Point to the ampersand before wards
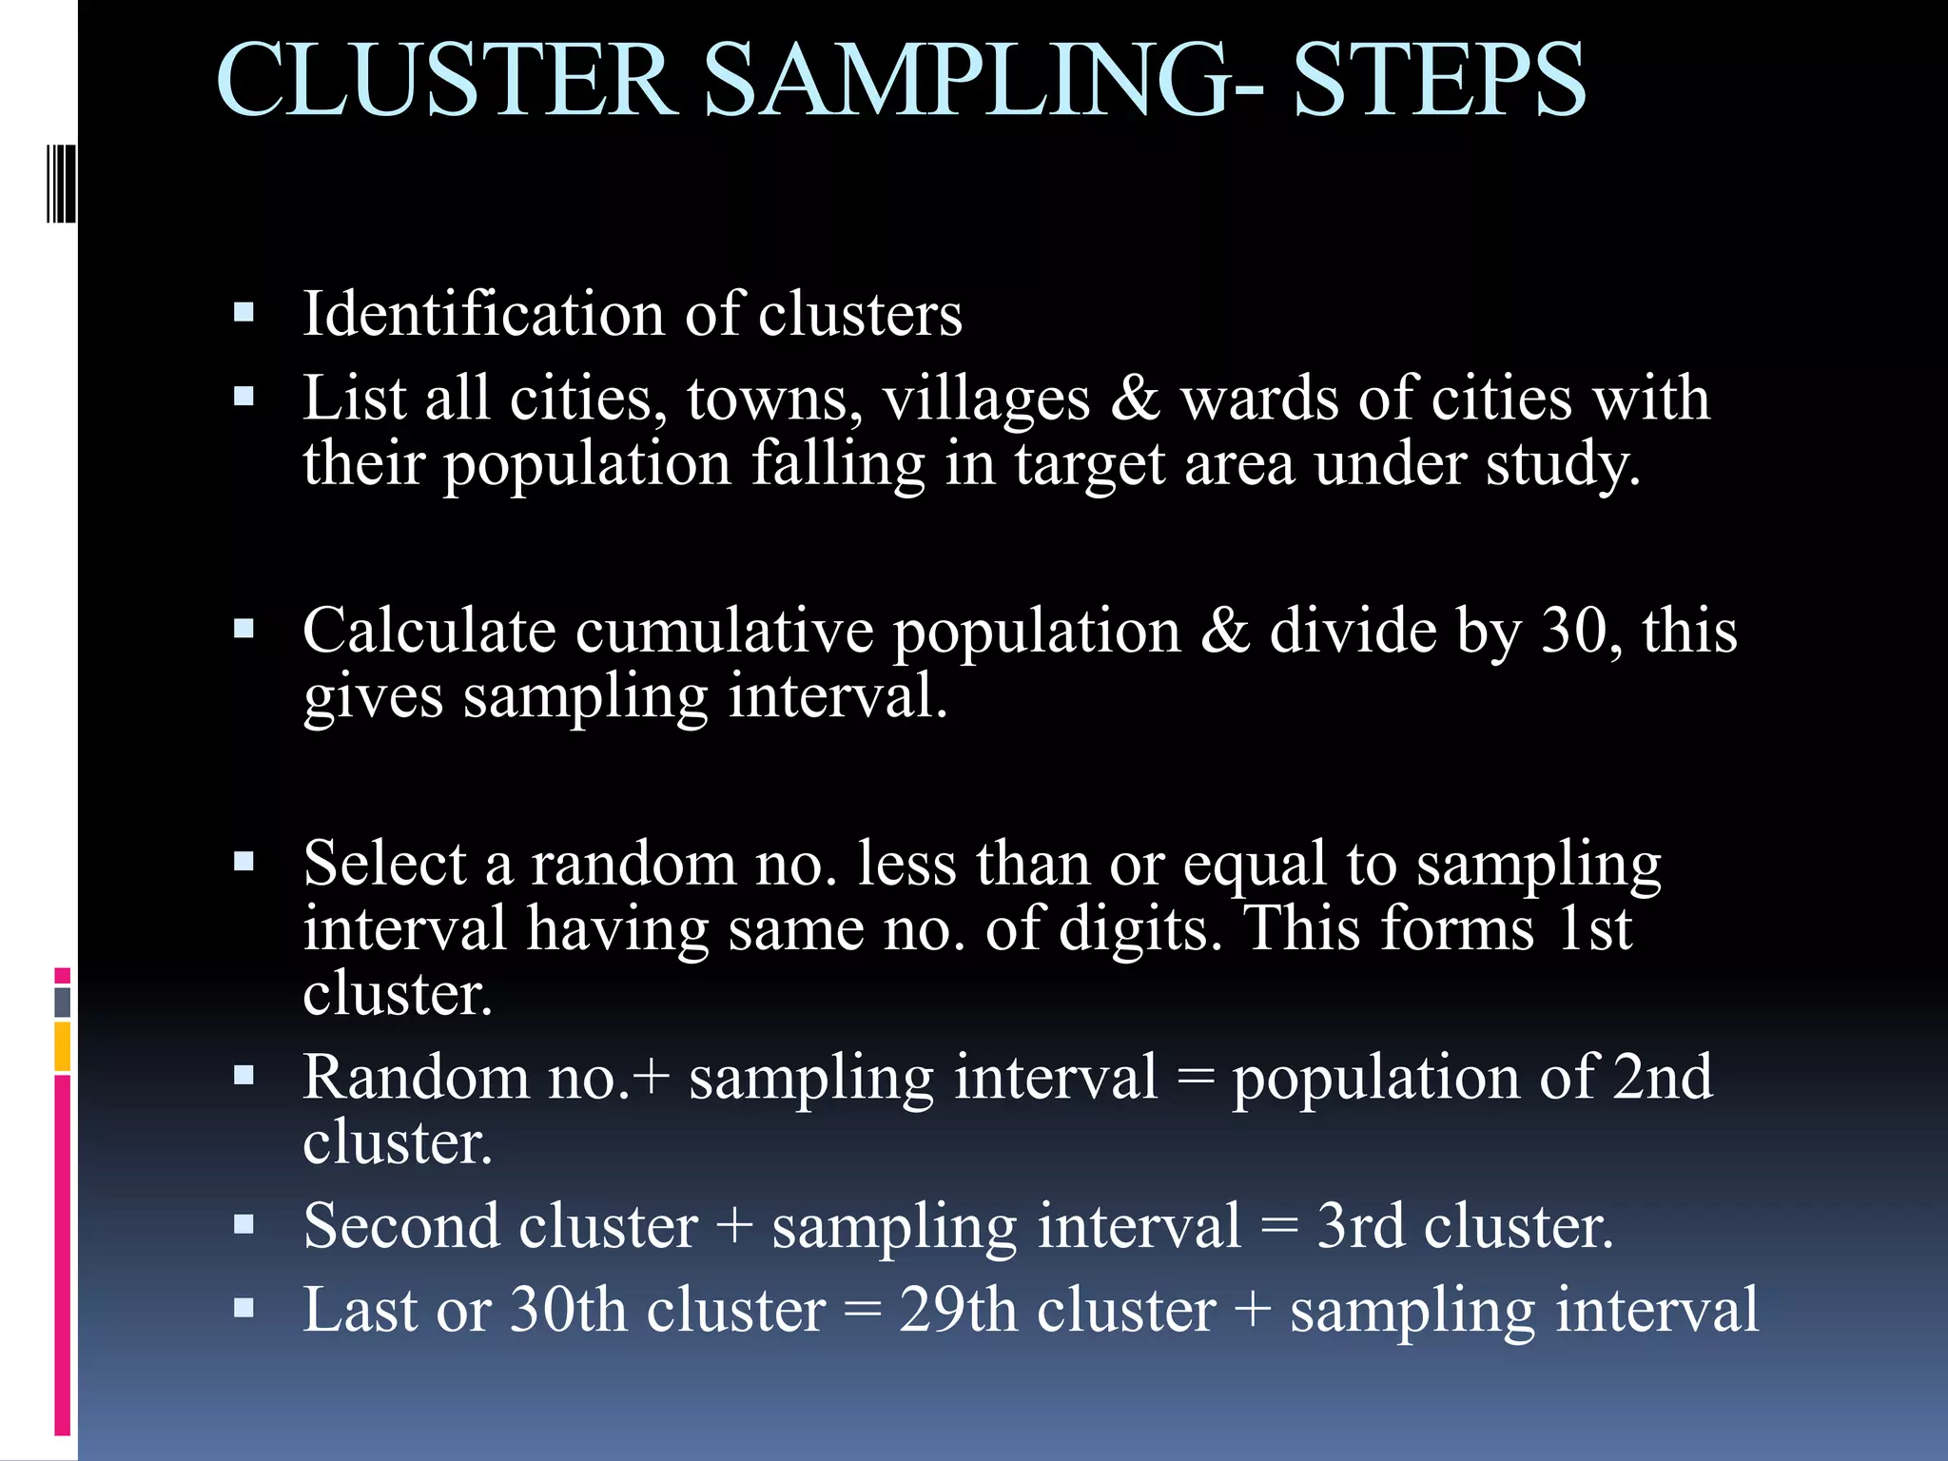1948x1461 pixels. (1135, 398)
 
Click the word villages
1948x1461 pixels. (986, 399)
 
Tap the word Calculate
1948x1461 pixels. (429, 630)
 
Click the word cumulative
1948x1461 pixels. (724, 630)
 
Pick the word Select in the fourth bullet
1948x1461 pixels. (384, 864)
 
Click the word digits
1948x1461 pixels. (1140, 928)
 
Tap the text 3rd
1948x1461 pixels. (1360, 1226)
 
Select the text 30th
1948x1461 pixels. (568, 1310)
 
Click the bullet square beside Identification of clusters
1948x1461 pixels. (243, 313)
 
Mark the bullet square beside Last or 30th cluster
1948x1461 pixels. (243, 1308)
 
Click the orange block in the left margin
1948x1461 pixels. (63, 1046)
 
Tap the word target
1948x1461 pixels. (1089, 466)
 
